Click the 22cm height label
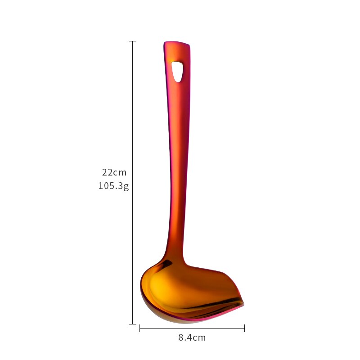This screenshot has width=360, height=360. point(114,172)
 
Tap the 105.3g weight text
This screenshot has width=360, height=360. point(113,186)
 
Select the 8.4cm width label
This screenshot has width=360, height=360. point(192,337)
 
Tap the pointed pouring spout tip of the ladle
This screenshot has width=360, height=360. point(243,305)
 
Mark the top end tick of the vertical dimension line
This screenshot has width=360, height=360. point(132,41)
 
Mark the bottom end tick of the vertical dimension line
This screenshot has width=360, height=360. point(132,324)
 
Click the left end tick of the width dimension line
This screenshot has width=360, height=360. point(140,328)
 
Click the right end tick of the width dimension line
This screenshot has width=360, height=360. point(244,328)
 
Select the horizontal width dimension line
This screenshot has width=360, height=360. point(192,328)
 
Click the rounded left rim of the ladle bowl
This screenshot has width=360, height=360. point(142,288)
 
